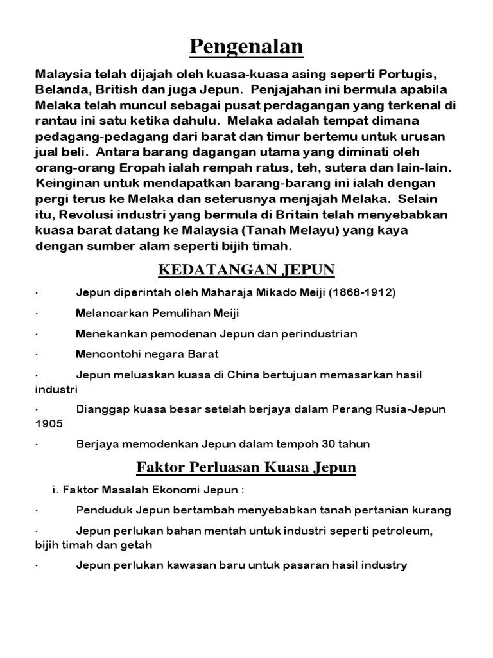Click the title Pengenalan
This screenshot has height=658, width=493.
(247, 47)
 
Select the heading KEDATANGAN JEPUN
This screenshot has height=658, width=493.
(247, 269)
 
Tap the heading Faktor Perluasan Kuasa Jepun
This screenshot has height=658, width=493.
(247, 467)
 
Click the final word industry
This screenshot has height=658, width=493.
(383, 565)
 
